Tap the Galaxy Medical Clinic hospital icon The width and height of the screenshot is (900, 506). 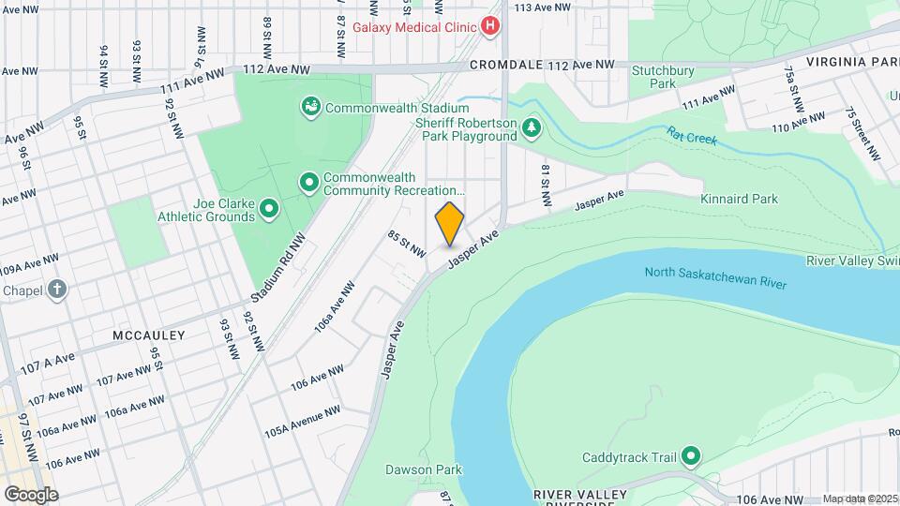pyautogui.click(x=489, y=26)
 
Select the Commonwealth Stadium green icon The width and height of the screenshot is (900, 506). pyautogui.click(x=309, y=108)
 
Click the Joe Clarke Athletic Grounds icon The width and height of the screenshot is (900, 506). pyautogui.click(x=270, y=209)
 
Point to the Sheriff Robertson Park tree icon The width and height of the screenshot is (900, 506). pyautogui.click(x=532, y=127)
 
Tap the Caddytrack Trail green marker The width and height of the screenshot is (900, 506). pyautogui.click(x=692, y=458)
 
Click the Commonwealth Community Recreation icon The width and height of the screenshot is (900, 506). pyautogui.click(x=308, y=182)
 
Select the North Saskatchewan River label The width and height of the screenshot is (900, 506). pyautogui.click(x=714, y=278)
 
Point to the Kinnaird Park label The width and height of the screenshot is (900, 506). pyautogui.click(x=739, y=199)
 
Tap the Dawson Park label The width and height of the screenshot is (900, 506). pyautogui.click(x=423, y=469)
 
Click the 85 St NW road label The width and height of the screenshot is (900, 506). pyautogui.click(x=408, y=246)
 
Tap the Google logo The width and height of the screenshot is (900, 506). pyautogui.click(x=30, y=494)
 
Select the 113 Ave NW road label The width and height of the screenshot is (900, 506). pyautogui.click(x=542, y=7)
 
